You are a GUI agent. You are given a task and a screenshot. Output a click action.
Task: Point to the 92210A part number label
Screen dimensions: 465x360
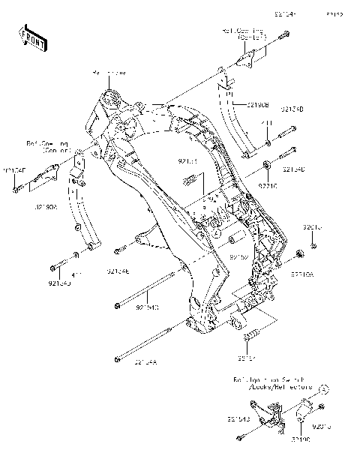pyautogui.click(x=304, y=274)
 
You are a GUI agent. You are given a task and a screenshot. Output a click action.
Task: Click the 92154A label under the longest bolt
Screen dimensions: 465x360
pyautogui.click(x=145, y=363)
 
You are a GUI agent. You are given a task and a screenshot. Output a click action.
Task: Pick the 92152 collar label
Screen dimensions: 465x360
pyautogui.click(x=238, y=257)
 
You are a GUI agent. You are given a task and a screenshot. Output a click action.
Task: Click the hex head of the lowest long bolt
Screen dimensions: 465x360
pyautogui.click(x=118, y=358)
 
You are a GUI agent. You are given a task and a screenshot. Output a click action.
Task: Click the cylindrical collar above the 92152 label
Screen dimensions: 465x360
pyautogui.click(x=232, y=241)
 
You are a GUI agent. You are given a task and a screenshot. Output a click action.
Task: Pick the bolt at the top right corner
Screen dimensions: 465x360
pyautogui.click(x=286, y=35)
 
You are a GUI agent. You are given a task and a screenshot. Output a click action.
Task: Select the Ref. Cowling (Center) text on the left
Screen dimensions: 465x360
pyautogui.click(x=48, y=145)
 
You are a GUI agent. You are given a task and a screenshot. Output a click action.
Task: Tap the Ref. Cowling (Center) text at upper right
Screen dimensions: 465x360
pyautogui.click(x=244, y=33)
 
